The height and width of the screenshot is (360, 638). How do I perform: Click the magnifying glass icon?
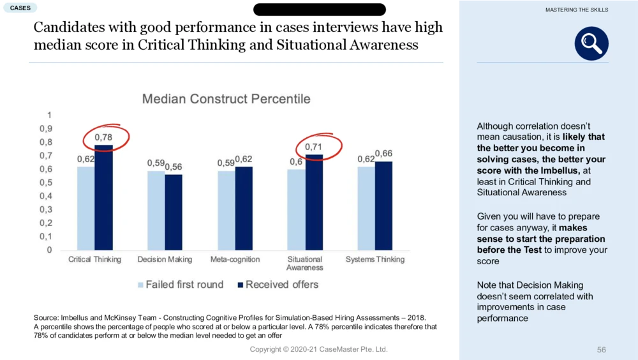pos(591,43)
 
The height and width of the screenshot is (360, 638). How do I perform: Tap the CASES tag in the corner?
pos(19,8)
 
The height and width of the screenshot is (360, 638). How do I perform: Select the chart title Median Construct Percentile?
pos(226,99)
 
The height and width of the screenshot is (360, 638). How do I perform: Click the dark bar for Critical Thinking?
pos(103,197)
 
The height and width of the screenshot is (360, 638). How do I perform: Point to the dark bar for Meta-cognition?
pos(243,208)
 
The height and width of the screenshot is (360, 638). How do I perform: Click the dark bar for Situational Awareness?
pos(313,202)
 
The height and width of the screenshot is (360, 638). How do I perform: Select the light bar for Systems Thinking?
pos(366,208)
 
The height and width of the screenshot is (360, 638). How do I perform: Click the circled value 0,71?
pos(314,147)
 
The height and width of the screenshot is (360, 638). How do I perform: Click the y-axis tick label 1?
pos(50,115)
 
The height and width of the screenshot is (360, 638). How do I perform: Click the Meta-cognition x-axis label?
pos(235,260)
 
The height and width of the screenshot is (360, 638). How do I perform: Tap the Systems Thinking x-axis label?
pos(375,260)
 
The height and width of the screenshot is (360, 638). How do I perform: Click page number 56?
pos(601,350)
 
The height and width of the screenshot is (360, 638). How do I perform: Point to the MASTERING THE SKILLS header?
pos(577,10)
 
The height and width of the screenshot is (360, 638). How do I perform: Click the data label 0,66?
pos(383,153)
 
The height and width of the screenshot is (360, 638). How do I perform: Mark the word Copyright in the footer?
pos(265,350)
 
